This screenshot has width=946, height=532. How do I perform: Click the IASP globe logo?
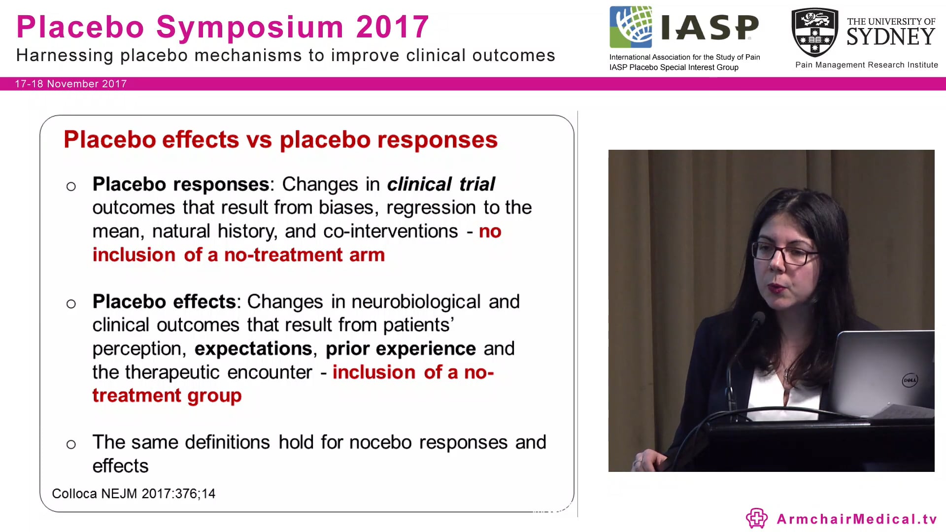[631, 27]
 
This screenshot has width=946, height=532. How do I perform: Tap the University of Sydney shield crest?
[814, 33]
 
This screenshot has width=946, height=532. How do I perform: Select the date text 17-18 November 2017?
[71, 84]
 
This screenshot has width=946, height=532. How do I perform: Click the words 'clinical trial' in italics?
[441, 184]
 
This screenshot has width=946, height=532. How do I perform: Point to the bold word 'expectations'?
[253, 349]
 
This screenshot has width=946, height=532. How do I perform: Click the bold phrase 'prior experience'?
[401, 349]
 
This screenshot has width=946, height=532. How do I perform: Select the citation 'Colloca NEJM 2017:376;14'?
[134, 494]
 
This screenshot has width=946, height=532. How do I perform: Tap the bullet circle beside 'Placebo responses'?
[71, 187]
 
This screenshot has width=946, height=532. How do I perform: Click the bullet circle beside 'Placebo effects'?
[71, 304]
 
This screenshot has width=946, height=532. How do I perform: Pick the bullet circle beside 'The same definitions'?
[71, 445]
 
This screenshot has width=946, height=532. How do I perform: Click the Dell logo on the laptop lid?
[910, 380]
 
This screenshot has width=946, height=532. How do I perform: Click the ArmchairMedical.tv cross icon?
[757, 518]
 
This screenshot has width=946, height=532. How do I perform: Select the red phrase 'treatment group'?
[167, 396]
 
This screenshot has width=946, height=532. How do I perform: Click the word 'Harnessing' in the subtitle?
[65, 56]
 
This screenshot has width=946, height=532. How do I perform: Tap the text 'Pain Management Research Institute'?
[867, 65]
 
